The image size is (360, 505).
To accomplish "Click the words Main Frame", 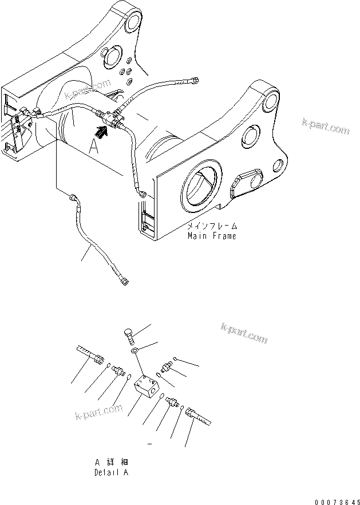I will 211,235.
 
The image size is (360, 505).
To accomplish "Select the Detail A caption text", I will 111,473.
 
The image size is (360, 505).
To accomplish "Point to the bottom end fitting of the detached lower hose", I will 125,280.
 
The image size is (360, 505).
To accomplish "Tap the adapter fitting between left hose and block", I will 118,370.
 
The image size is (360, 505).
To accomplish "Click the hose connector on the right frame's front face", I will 141,195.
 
